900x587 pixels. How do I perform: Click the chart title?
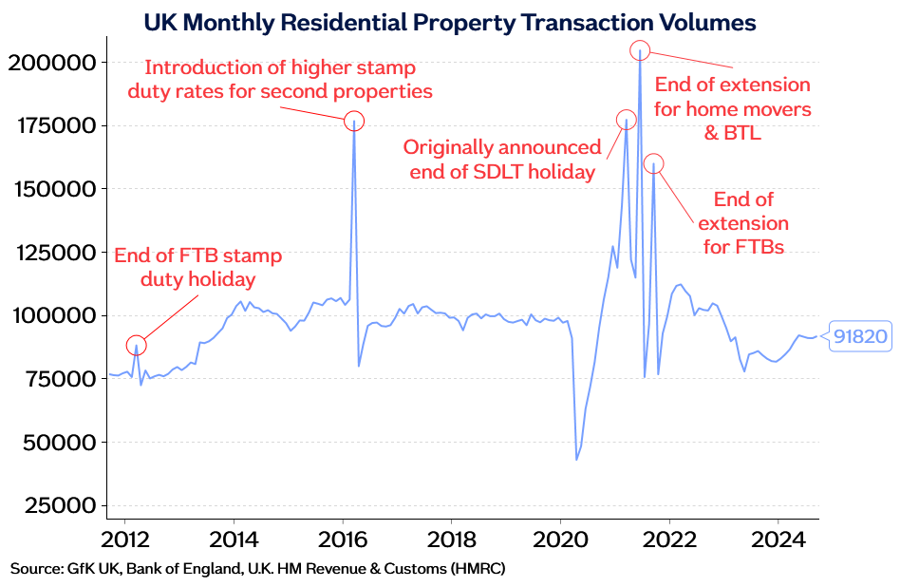[449, 21]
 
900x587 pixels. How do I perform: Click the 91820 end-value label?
[861, 335]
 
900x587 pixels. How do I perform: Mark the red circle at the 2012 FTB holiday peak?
[137, 345]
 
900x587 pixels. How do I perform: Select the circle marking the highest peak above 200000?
[640, 49]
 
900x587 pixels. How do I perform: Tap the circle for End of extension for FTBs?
[654, 163]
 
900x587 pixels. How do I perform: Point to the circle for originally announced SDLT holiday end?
[627, 120]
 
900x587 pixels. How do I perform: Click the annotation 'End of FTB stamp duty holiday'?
[197, 268]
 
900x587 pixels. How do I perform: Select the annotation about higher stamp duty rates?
[289, 80]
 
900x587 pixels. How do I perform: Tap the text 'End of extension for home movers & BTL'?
[733, 109]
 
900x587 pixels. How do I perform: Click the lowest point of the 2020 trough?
[577, 460]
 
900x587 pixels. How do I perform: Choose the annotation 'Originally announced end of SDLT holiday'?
[501, 160]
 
